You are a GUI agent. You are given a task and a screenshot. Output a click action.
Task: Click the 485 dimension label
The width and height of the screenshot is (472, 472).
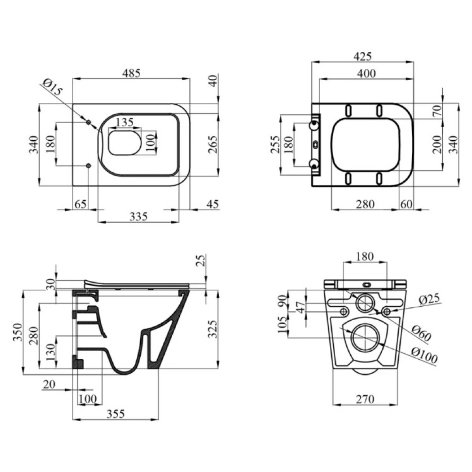click(x=131, y=73)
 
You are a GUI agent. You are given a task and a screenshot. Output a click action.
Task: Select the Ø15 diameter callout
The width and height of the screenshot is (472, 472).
click(x=52, y=87)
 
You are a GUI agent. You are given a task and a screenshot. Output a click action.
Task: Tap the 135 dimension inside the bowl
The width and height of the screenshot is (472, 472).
click(x=125, y=122)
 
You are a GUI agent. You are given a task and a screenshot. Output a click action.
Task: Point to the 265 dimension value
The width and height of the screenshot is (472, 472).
click(x=213, y=144)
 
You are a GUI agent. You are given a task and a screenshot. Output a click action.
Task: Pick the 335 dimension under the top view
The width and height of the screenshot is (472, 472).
click(x=138, y=216)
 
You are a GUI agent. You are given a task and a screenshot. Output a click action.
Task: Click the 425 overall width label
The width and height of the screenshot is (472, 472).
click(x=362, y=56)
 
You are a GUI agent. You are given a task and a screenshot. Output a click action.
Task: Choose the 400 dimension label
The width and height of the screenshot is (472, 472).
click(x=366, y=73)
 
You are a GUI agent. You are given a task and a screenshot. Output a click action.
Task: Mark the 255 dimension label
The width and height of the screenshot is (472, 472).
click(x=275, y=144)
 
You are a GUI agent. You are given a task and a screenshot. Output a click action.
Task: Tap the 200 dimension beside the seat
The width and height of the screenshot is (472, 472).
click(x=437, y=144)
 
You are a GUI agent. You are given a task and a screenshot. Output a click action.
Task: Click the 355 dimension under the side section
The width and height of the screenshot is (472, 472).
click(x=116, y=413)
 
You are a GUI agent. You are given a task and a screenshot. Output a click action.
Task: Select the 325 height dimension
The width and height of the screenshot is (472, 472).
click(x=213, y=329)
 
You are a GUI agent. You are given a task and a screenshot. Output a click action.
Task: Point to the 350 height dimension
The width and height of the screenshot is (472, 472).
click(x=17, y=332)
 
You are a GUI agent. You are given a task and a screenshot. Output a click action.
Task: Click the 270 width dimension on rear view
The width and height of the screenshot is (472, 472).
click(x=365, y=399)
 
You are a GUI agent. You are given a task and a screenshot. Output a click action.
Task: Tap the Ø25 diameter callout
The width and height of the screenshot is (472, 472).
click(x=430, y=298)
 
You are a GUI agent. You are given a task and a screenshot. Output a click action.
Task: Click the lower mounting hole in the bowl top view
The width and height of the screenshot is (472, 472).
click(x=88, y=166)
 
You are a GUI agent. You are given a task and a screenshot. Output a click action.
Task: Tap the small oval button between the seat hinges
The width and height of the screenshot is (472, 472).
click(x=315, y=145)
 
